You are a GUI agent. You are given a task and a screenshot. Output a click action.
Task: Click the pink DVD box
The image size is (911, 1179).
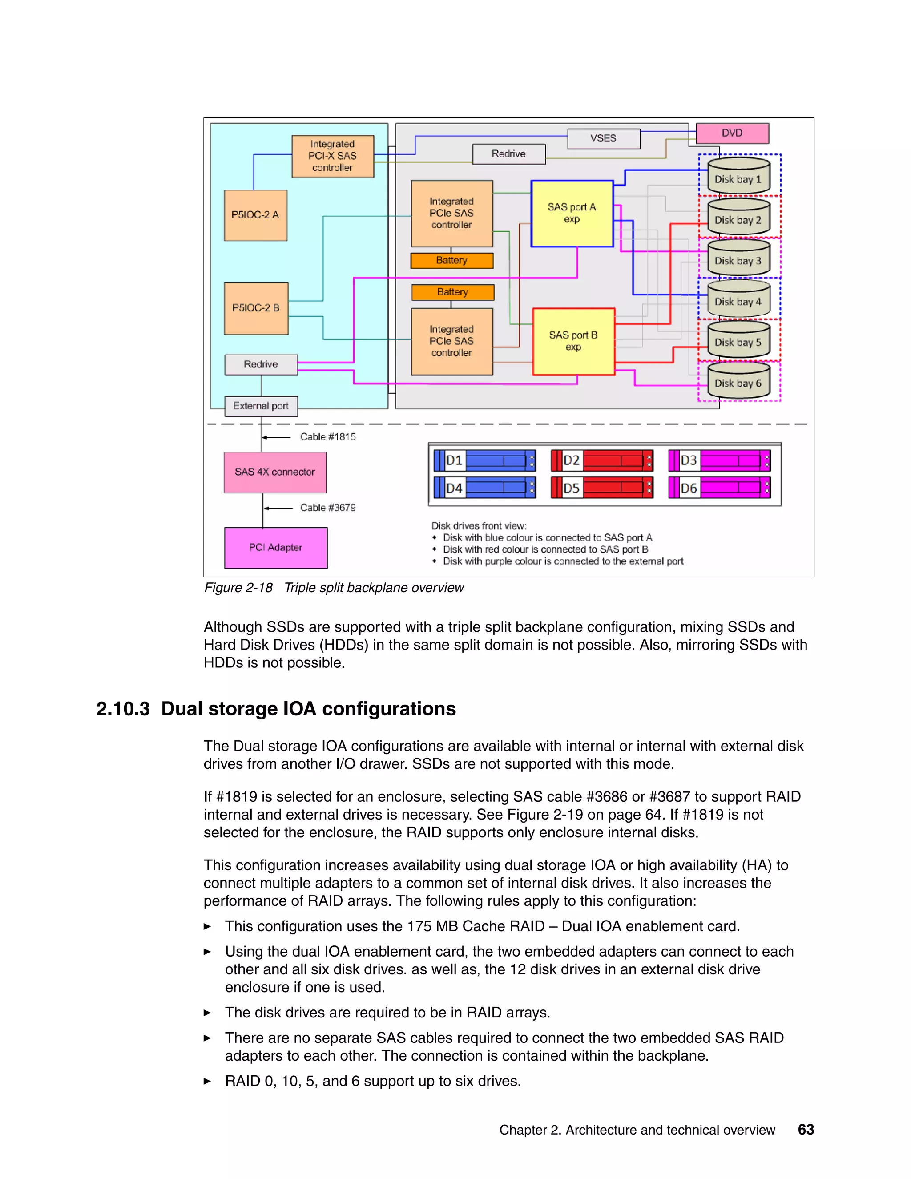tap(732, 133)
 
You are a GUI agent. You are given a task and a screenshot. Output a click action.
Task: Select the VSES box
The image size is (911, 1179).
tap(603, 138)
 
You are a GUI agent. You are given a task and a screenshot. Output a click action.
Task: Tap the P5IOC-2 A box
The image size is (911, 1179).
tap(255, 215)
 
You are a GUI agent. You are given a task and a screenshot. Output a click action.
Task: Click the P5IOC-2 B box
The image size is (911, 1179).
tap(256, 308)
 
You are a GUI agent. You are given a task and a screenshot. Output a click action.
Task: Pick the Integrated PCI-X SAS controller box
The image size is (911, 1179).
tap(332, 156)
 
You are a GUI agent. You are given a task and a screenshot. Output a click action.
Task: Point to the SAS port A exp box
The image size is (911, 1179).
tap(572, 213)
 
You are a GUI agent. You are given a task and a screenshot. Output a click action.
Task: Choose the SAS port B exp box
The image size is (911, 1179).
tap(573, 341)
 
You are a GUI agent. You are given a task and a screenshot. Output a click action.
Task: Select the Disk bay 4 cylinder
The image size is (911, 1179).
tap(738, 299)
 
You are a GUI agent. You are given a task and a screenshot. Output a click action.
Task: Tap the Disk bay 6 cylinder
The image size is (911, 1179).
tap(738, 380)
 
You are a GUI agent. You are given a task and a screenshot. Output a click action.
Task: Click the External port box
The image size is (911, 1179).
tap(261, 406)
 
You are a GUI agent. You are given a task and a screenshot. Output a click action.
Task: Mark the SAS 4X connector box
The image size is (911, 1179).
tap(275, 472)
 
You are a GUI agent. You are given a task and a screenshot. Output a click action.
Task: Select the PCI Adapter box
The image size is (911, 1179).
tap(275, 547)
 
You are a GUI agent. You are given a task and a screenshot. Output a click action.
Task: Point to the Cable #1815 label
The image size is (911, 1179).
tap(327, 437)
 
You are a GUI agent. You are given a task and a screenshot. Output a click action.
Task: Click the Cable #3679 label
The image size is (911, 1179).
tap(327, 508)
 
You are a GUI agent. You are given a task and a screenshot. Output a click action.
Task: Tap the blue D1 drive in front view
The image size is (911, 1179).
tap(485, 460)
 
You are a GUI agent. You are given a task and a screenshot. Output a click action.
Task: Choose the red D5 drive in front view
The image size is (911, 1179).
tap(602, 488)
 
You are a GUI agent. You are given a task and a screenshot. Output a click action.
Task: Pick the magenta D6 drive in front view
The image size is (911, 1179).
tap(719, 488)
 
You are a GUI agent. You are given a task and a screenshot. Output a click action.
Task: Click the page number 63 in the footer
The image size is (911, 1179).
tap(806, 1129)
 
